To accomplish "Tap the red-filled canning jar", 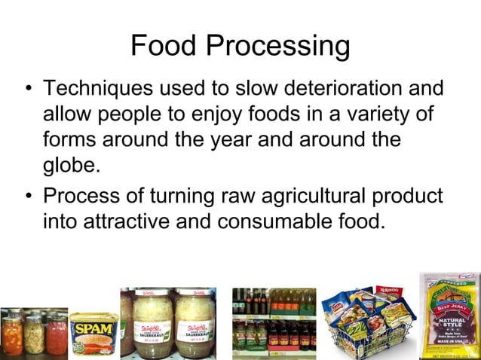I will click(x=57, y=335).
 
